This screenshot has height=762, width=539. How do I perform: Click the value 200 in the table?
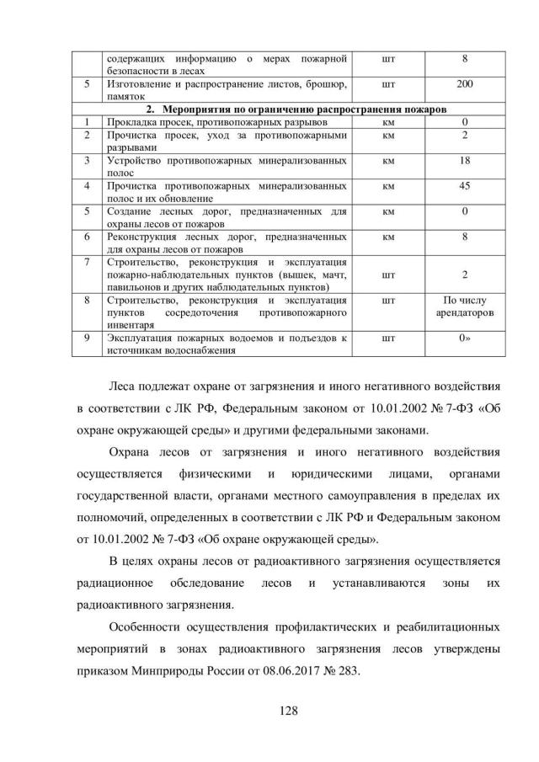tap(464, 84)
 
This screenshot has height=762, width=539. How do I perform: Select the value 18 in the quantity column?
tap(464, 159)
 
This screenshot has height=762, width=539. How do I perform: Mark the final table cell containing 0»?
tap(464, 338)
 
